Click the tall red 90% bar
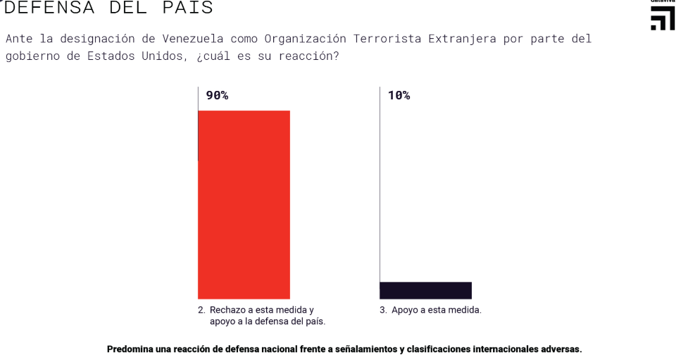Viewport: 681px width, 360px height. pos(244,204)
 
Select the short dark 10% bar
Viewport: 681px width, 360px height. pos(425,290)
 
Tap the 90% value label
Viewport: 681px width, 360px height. pos(217,95)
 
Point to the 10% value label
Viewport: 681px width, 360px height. pos(399,95)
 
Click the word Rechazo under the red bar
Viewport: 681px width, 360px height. pos(227,310)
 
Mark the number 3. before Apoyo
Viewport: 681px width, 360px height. pos(384,310)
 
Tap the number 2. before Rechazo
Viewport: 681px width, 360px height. pos(201,310)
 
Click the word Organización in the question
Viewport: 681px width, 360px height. pos(305,39)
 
